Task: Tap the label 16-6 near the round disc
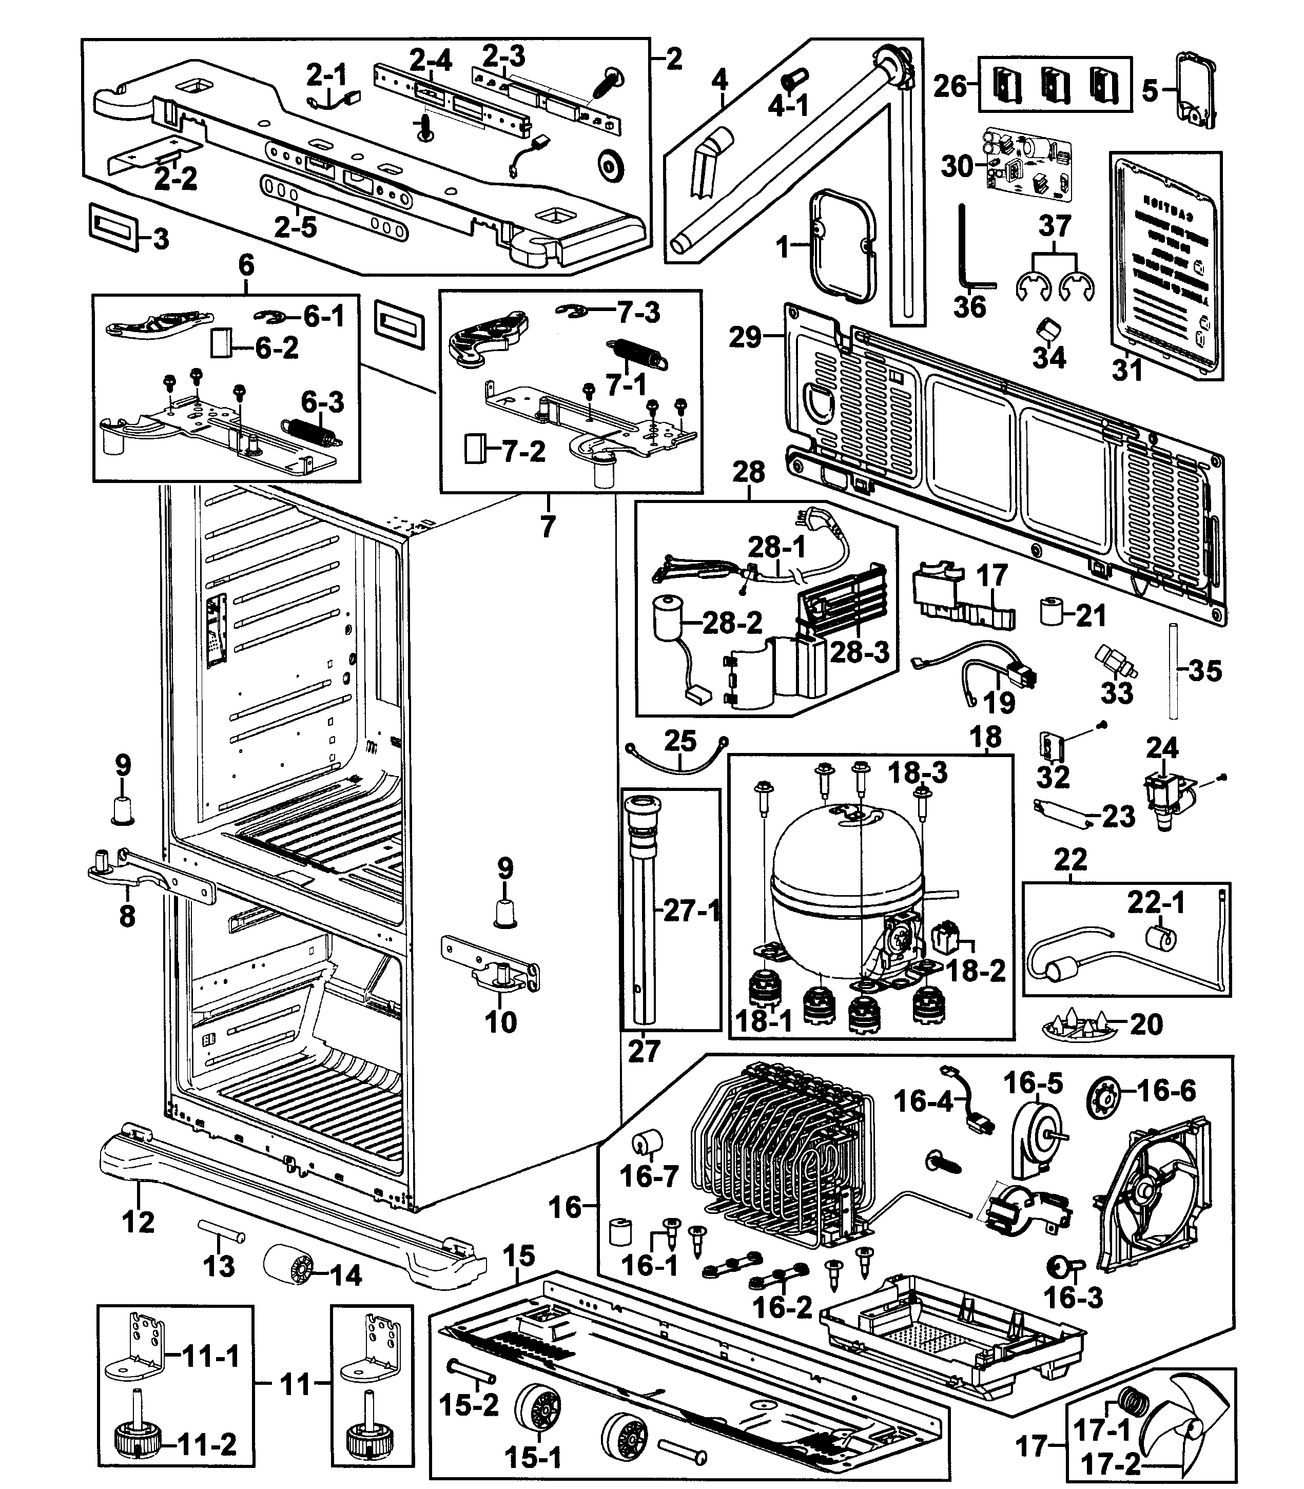[x=1166, y=1090]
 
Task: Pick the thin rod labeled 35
[x=1173, y=669]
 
